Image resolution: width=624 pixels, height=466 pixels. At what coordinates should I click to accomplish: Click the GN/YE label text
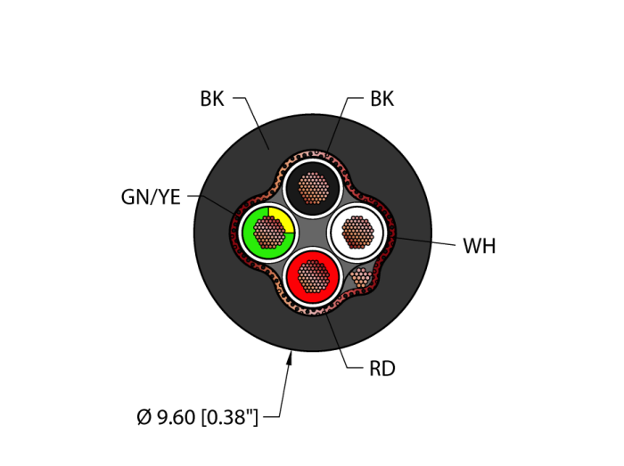151,197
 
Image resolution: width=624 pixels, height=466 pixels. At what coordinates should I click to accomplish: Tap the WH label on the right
480,246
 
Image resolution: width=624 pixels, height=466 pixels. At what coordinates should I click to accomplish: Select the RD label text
382,369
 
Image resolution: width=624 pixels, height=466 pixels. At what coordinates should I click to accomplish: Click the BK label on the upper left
212,99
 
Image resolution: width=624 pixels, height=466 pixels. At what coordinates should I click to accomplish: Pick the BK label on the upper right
382,99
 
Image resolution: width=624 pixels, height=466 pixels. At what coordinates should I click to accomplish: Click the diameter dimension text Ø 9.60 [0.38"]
197,417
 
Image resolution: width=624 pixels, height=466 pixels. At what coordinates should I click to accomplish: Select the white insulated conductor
357,233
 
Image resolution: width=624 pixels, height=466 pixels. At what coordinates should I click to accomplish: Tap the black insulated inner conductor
313,188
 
